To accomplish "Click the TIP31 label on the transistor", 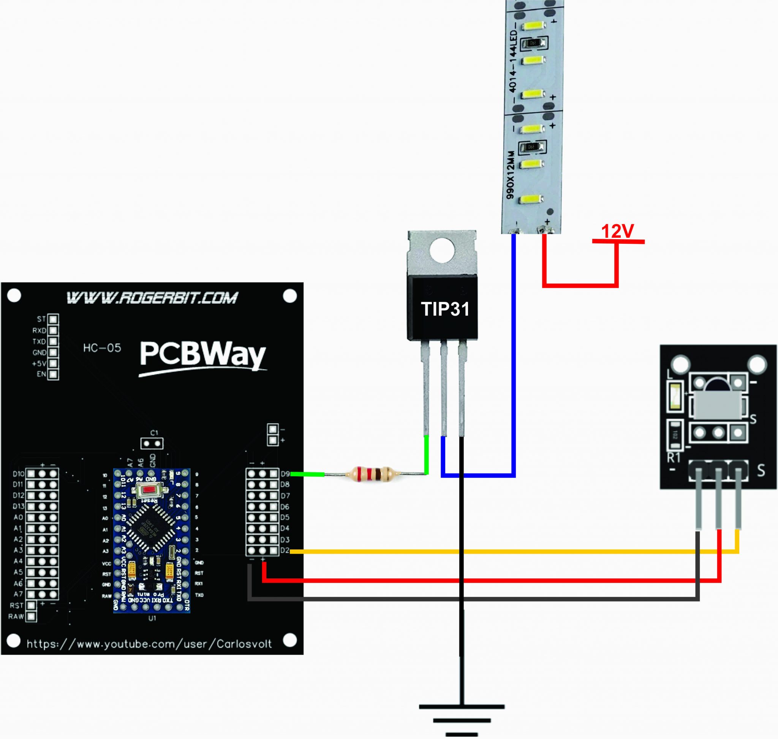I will pyautogui.click(x=445, y=309).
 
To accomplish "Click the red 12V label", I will pyautogui.click(x=617, y=232).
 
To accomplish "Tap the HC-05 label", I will pyautogui.click(x=102, y=348).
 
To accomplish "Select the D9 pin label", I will pyautogui.click(x=285, y=474).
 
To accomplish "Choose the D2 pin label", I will pyautogui.click(x=285, y=550).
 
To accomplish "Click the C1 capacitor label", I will pyautogui.click(x=154, y=433).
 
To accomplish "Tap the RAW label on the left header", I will pyautogui.click(x=16, y=616).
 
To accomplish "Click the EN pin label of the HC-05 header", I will pyautogui.click(x=41, y=374).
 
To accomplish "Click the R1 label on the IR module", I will pyautogui.click(x=674, y=457).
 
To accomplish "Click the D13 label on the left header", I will pyautogui.click(x=19, y=506).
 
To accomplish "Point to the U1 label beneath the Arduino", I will pyautogui.click(x=152, y=618).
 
